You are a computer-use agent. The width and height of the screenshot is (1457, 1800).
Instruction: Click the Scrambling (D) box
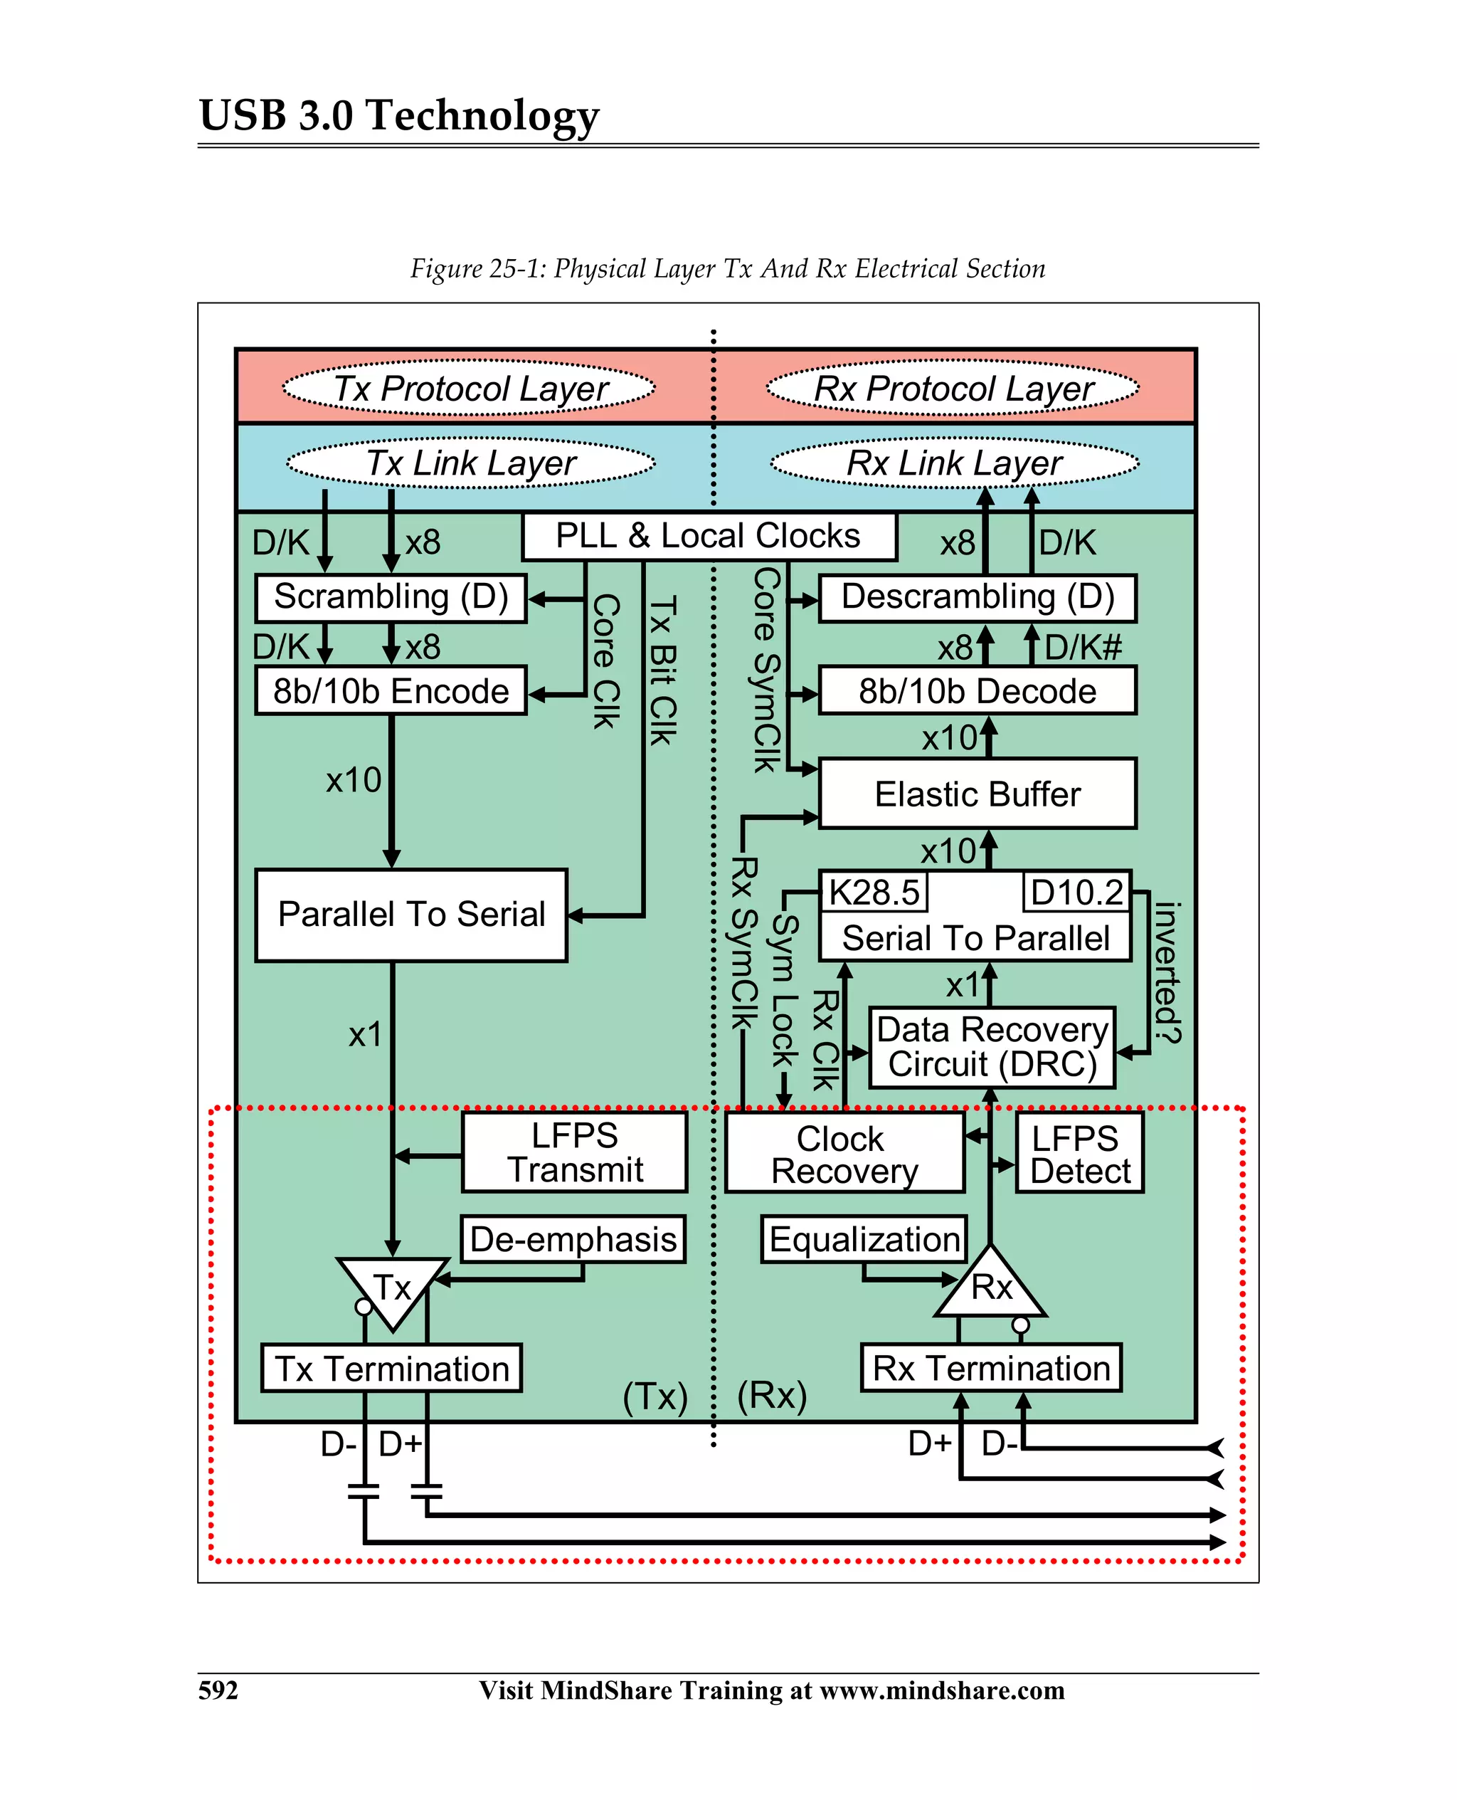391,598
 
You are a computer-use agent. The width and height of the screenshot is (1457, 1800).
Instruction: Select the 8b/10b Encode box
391,691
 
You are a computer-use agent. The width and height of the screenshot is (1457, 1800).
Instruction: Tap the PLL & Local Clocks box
709,537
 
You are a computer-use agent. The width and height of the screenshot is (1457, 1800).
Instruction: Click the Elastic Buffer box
977,794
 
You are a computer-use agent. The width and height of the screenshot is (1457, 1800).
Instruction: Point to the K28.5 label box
874,892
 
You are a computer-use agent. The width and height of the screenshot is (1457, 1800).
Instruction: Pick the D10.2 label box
1077,892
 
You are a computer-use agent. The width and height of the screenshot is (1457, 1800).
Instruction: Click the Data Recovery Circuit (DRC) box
991,1047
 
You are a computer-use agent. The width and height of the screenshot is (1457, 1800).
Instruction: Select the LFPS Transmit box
574,1152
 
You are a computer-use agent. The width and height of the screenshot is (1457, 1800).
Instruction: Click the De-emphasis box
573,1239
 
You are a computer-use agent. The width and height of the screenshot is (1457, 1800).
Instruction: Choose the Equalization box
864,1239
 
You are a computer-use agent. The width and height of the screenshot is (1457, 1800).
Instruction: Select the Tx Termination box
391,1369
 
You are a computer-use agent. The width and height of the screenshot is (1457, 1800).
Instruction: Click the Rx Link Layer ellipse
954,463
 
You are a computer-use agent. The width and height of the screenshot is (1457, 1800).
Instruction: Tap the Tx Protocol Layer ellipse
469,389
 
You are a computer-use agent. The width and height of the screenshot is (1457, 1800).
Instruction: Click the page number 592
218,1689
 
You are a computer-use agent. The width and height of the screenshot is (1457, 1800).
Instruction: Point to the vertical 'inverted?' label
1167,972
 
